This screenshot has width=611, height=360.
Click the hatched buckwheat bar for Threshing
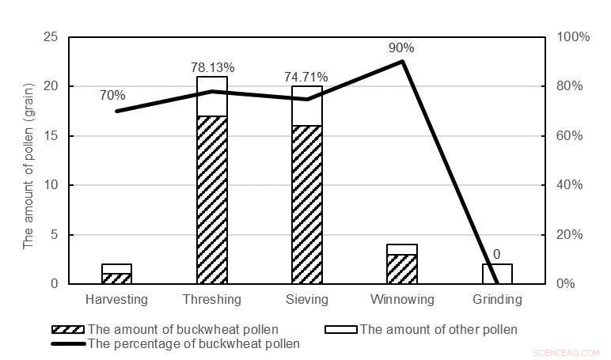212,199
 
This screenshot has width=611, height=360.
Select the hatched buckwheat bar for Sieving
307,204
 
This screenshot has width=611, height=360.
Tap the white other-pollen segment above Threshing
212,97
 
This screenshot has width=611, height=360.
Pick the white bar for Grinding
497,274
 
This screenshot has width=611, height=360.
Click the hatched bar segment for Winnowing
402,269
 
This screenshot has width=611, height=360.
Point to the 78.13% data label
210,68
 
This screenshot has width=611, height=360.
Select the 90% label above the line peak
401,48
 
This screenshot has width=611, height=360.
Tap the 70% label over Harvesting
112,96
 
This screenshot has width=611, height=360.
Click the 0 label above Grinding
497,255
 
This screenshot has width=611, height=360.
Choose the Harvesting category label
116,300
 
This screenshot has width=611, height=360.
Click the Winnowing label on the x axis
402,300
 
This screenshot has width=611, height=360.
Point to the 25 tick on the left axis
51,37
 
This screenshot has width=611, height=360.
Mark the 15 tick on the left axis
51,136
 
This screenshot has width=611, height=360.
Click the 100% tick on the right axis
573,37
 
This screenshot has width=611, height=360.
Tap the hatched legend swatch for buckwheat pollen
68,329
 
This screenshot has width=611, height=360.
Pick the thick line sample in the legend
68,343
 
